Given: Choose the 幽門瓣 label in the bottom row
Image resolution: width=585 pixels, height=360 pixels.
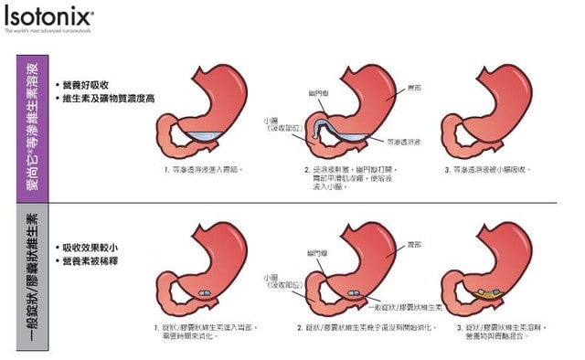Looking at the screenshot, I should [x=319, y=251].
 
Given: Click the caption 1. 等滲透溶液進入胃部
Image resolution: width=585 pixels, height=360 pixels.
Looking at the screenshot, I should [x=202, y=169].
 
